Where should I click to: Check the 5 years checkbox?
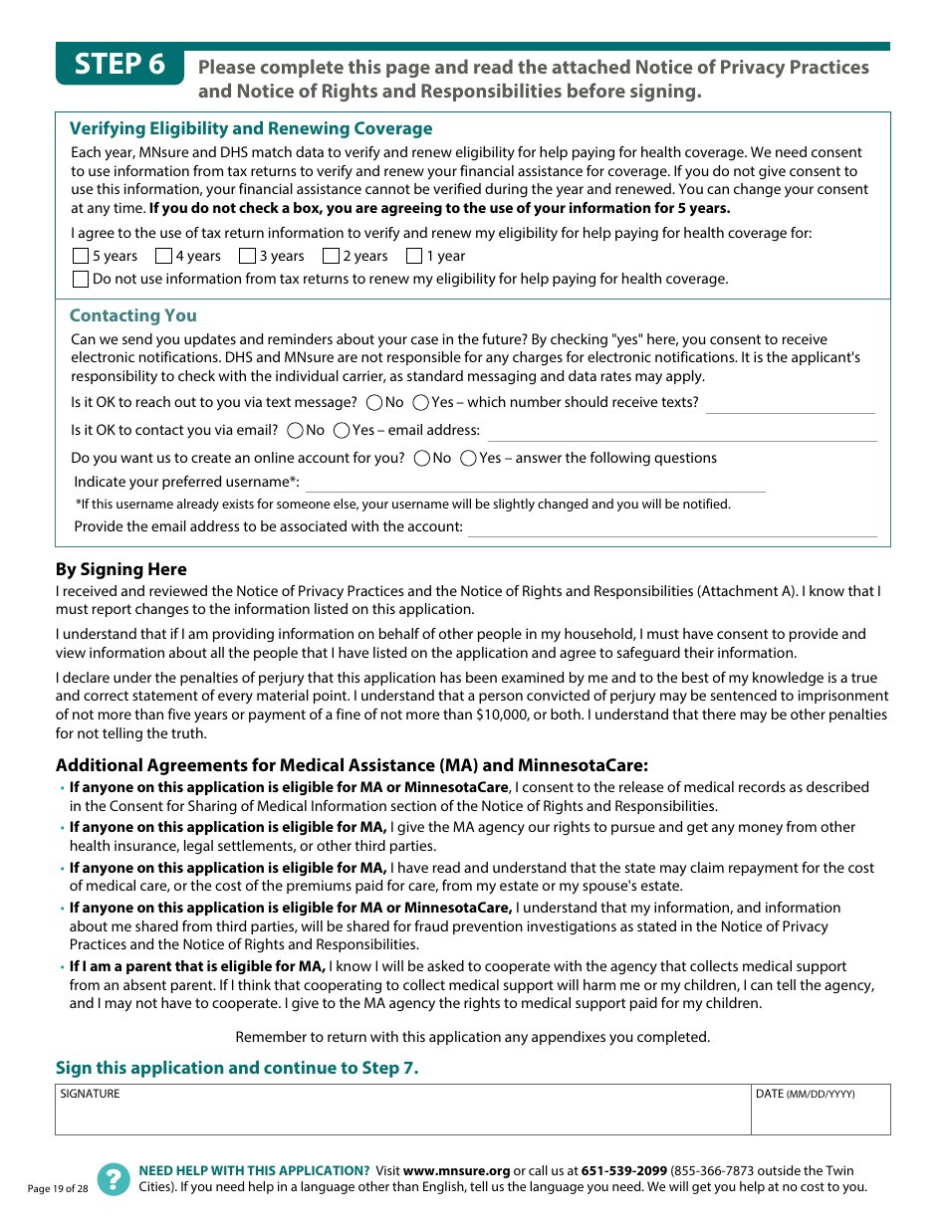tap(81, 256)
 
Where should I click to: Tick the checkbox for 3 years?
tap(247, 256)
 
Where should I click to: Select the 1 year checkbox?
tap(414, 256)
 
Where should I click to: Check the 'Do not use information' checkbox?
tap(81, 279)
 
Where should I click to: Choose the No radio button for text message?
tap(374, 403)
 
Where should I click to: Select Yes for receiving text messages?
tap(420, 403)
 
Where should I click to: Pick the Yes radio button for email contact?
tap(342, 431)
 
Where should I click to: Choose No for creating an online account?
tap(421, 459)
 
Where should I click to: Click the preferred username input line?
tap(535, 483)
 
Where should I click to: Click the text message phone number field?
tap(790, 404)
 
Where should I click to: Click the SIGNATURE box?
tap(402, 1112)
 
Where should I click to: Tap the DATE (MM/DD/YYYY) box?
tap(821, 1112)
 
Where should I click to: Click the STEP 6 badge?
tap(120, 65)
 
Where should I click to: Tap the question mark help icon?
tap(114, 1179)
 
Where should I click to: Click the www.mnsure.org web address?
tap(456, 1171)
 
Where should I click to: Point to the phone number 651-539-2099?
tap(623, 1171)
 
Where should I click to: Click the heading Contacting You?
tap(133, 315)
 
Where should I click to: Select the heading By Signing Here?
tap(121, 569)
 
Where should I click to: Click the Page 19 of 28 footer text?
tap(58, 1188)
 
